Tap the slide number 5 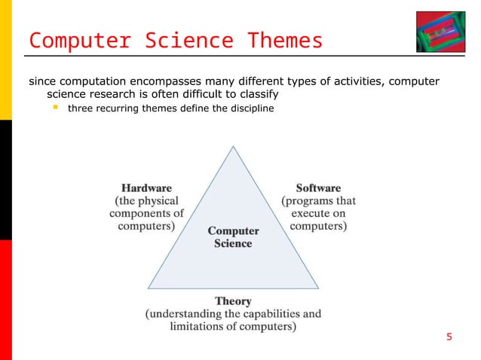tap(449, 337)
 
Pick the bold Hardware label tap(146, 188)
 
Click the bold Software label tap(318, 188)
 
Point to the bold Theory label tap(233, 301)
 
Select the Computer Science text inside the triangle tap(233, 237)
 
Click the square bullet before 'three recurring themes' tap(55, 109)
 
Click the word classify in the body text tap(256, 95)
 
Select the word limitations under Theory tap(189, 327)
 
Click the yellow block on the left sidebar tap(5, 60)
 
